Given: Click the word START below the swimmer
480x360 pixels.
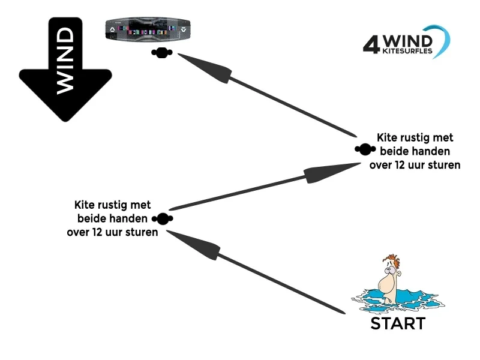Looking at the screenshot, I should pos(397,324).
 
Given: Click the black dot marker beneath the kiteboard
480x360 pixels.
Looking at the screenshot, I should pos(161,53).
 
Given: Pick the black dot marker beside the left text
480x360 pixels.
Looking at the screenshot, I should pos(163,218).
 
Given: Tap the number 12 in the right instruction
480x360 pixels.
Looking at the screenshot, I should pos(401,164).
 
